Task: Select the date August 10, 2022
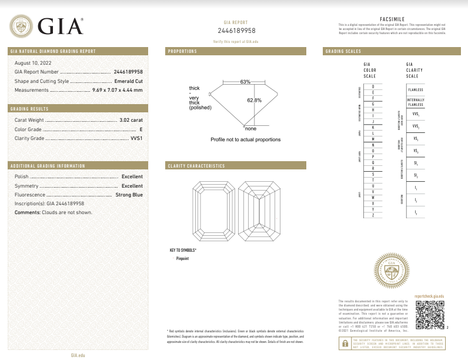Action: [32, 62]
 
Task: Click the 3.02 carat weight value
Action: [131, 119]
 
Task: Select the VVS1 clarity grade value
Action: [136, 138]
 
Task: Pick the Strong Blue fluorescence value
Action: [129, 194]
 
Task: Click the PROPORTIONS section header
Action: [183, 52]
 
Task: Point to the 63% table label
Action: [245, 81]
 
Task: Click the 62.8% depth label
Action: [255, 100]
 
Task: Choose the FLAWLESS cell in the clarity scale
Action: [416, 89]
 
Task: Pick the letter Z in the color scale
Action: [373, 216]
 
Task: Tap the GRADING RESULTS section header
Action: [29, 109]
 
